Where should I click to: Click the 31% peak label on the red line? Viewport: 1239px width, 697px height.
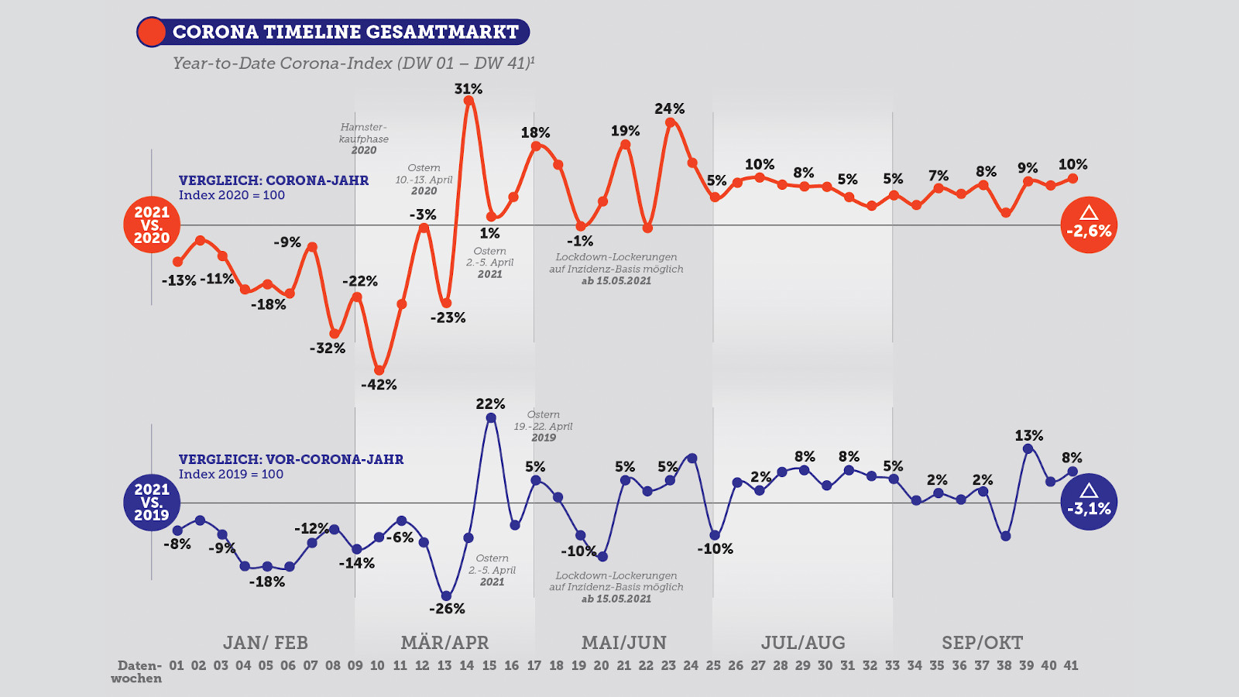[468, 89]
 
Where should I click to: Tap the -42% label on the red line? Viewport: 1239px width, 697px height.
[379, 384]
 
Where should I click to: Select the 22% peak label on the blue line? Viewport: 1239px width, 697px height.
[490, 403]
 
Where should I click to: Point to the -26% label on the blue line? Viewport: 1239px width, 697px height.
[447, 609]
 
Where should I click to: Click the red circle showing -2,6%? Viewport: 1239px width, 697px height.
[1089, 225]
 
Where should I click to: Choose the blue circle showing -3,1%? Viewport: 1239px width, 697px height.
[1089, 502]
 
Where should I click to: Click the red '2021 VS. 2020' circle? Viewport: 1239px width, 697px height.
[152, 225]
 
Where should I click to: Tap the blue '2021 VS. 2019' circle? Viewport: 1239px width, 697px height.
[152, 502]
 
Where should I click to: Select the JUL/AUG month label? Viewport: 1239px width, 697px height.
[803, 643]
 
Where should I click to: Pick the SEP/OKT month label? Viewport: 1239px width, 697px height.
[982, 643]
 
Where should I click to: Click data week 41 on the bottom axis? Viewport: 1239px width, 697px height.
[1071, 665]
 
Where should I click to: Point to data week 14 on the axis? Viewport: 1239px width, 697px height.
[467, 665]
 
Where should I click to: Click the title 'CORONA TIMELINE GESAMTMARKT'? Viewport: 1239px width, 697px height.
[345, 32]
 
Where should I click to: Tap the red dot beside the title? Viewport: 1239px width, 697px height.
[151, 32]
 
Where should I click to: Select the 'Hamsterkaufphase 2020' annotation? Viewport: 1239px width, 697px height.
[363, 139]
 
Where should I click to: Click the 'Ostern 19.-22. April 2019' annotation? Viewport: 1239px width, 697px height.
[544, 426]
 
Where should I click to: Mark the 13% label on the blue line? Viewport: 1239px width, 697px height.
[1029, 435]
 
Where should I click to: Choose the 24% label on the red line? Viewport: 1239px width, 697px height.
[669, 108]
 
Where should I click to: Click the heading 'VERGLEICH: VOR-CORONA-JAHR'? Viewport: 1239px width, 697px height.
[291, 459]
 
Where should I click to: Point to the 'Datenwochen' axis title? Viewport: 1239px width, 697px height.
[137, 671]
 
